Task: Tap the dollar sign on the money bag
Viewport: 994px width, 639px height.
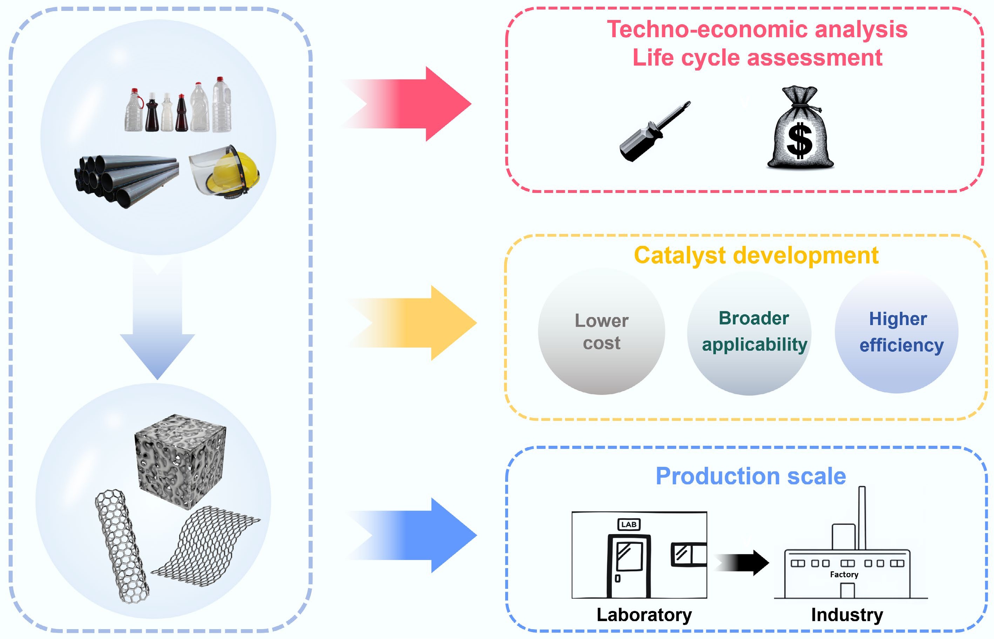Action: pos(799,141)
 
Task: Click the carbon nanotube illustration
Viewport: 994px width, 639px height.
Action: pos(122,546)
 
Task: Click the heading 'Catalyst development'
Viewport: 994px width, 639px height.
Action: pos(756,255)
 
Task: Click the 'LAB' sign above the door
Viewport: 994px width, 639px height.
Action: pos(629,524)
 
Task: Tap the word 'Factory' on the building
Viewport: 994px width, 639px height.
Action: pos(844,574)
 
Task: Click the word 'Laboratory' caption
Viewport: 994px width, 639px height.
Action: pos(644,614)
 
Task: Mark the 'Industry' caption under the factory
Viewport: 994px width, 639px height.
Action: pos(847,614)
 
